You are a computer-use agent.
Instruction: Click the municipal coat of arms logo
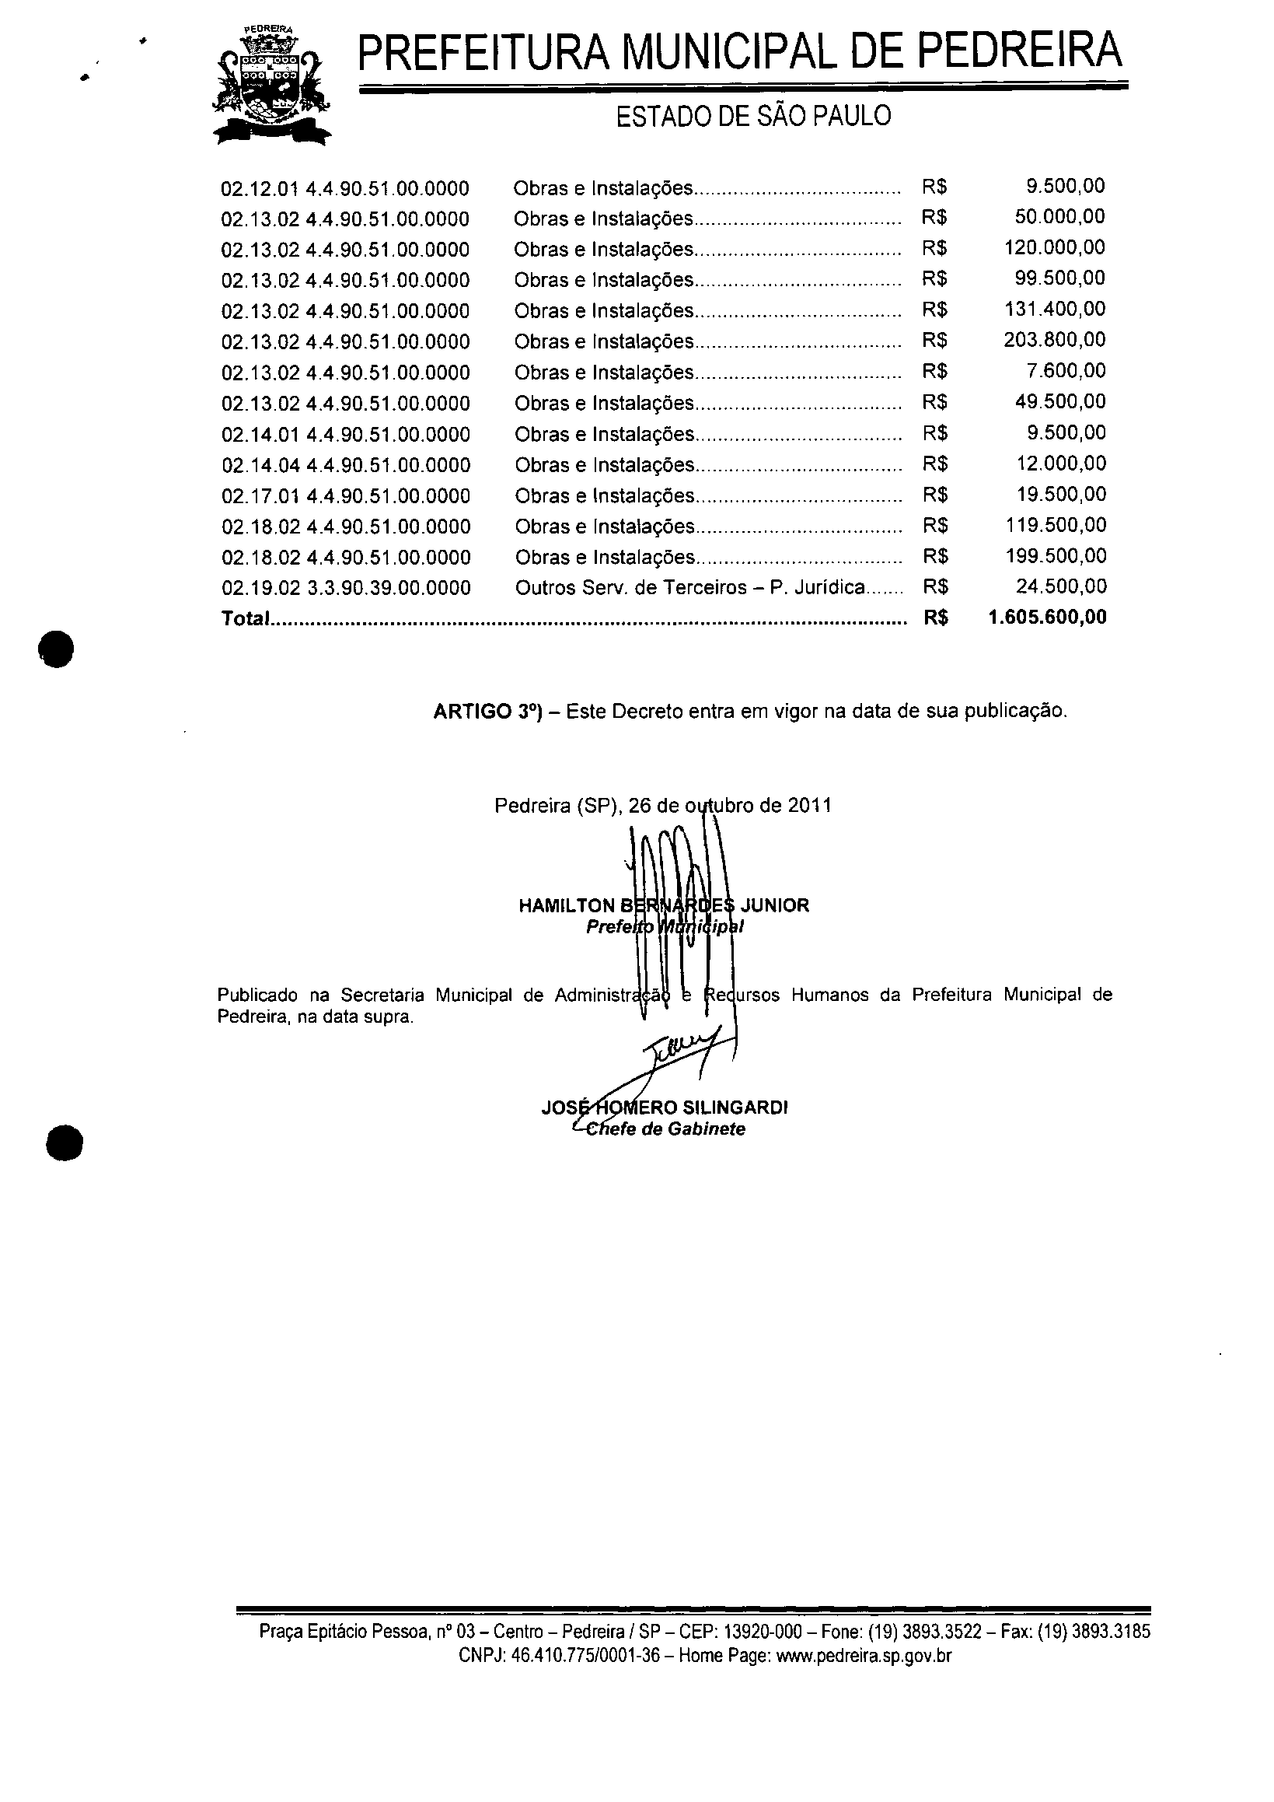[271, 85]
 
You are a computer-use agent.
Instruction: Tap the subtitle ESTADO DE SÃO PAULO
[753, 116]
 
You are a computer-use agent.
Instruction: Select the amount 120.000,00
[1054, 248]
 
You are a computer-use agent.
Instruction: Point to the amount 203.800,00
[1054, 340]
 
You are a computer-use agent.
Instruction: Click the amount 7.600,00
[1066, 370]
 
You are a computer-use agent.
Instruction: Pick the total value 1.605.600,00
[1047, 618]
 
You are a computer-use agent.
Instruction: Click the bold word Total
[245, 619]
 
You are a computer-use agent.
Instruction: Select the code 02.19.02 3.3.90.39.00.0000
[346, 588]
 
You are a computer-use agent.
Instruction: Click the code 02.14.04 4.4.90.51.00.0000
[346, 465]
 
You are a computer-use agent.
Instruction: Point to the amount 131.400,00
[1054, 310]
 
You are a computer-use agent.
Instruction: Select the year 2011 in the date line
[810, 806]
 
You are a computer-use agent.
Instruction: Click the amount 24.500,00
[1061, 587]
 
